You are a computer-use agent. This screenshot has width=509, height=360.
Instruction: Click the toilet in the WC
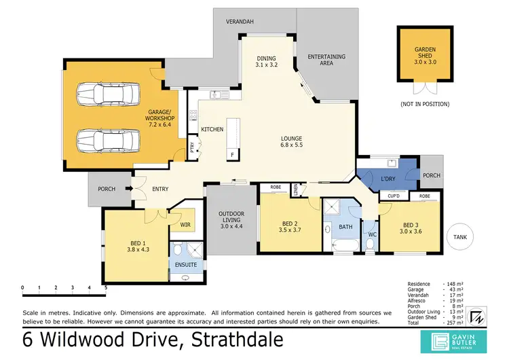[371, 242]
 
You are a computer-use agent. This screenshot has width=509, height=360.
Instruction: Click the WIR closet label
[185, 223]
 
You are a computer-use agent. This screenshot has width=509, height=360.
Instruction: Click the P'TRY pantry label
[192, 147]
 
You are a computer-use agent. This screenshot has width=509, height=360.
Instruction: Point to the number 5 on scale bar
[105, 287]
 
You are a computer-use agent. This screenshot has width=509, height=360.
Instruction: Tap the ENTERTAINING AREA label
[326, 60]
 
